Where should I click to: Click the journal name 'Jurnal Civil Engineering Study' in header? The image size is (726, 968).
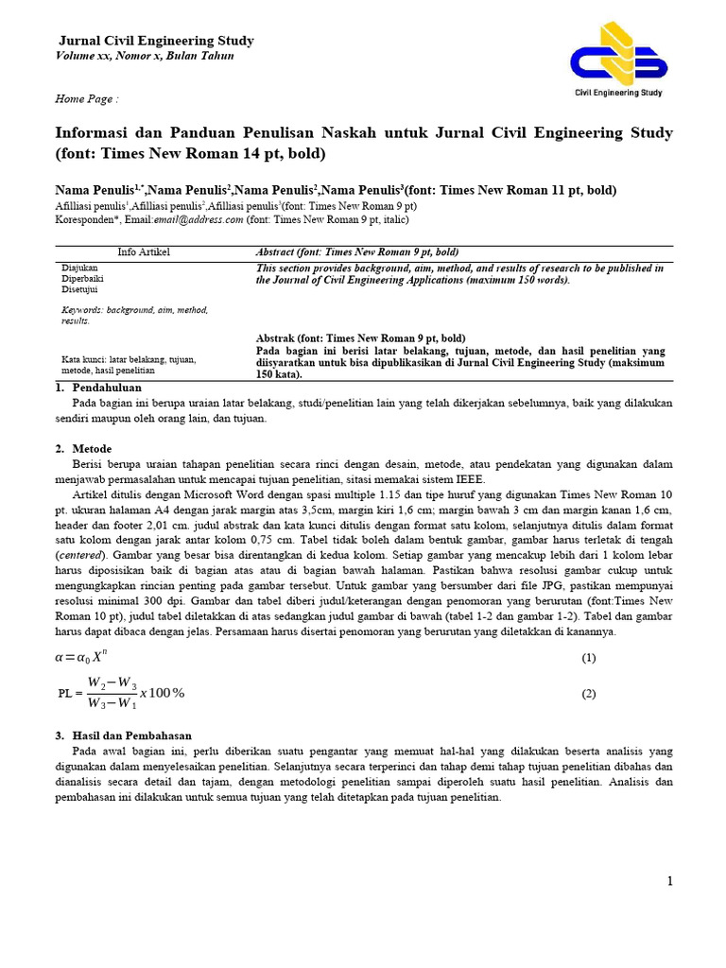click(x=156, y=41)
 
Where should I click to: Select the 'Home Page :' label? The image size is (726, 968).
click(x=87, y=98)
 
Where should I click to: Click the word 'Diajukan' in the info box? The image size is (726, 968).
click(x=81, y=268)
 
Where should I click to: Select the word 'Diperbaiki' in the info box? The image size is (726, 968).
click(x=83, y=280)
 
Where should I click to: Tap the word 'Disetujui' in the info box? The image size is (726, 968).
click(x=81, y=290)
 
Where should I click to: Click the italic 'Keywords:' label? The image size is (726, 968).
click(x=82, y=310)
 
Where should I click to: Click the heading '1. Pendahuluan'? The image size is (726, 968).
click(x=97, y=388)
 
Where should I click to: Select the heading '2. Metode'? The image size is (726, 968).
click(x=83, y=448)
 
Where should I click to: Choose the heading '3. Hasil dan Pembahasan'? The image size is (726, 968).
click(x=123, y=735)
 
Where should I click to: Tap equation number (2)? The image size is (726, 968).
click(x=588, y=694)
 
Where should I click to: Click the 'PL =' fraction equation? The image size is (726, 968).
click(x=121, y=693)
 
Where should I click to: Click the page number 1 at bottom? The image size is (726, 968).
click(x=669, y=882)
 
